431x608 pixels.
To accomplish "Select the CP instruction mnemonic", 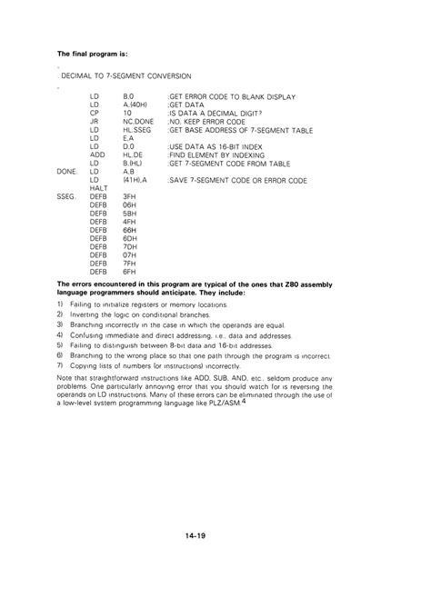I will [x=95, y=113].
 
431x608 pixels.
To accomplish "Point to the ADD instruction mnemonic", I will [x=97, y=154].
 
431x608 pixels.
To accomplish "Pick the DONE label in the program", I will [x=66, y=171].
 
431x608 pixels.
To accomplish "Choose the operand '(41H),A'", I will [x=135, y=179].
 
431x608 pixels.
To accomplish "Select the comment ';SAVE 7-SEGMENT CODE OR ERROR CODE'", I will [x=237, y=180].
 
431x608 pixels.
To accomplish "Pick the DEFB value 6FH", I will [x=129, y=271].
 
